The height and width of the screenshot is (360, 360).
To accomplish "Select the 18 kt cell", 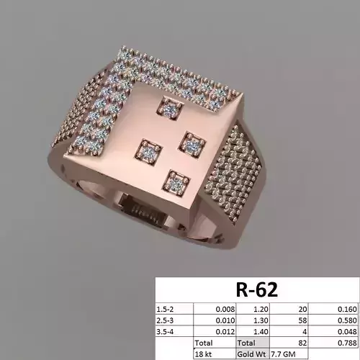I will tap(203, 354).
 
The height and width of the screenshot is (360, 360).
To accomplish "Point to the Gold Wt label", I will tap(252, 354).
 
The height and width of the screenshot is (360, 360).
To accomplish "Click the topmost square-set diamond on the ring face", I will tap(170, 109).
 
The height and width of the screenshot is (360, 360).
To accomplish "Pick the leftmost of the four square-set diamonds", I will tap(148, 153).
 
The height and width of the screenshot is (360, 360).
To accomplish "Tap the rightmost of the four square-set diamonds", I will tap(192, 145).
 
